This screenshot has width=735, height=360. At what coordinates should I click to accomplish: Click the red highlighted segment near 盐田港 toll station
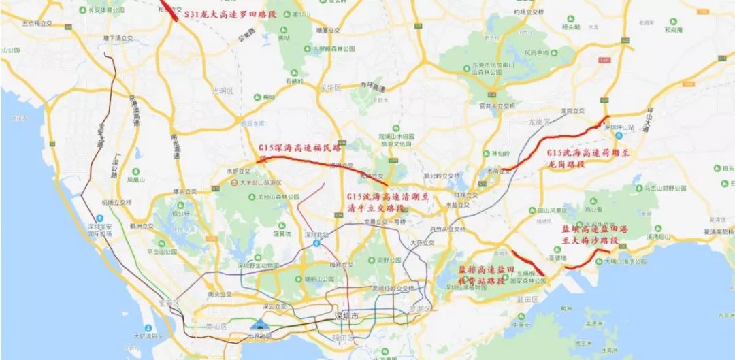click(x=528, y=264)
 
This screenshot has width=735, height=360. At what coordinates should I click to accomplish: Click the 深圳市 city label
click(x=346, y=318)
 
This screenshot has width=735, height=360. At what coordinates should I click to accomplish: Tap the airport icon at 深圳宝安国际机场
click(x=100, y=218)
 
